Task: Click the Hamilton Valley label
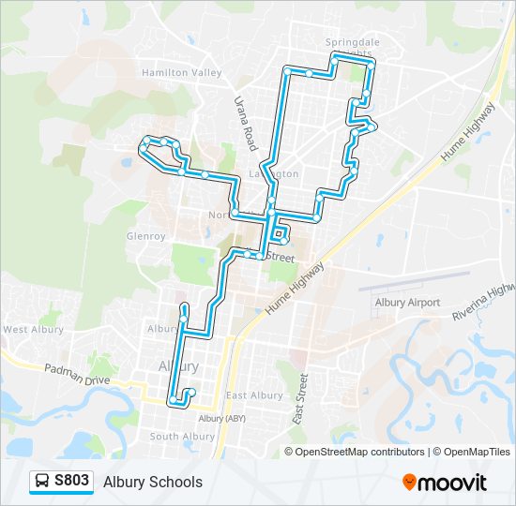(x=181, y=72)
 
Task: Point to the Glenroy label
(x=145, y=236)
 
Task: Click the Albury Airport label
(x=407, y=303)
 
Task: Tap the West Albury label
(x=33, y=330)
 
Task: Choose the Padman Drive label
(x=77, y=374)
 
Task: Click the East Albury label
(x=254, y=395)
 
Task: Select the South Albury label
(x=182, y=437)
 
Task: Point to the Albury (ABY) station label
(x=222, y=418)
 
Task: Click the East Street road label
(x=302, y=399)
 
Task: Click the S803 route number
(x=72, y=482)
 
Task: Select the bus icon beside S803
(x=42, y=482)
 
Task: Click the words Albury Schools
(x=153, y=483)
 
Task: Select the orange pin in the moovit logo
(x=409, y=483)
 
